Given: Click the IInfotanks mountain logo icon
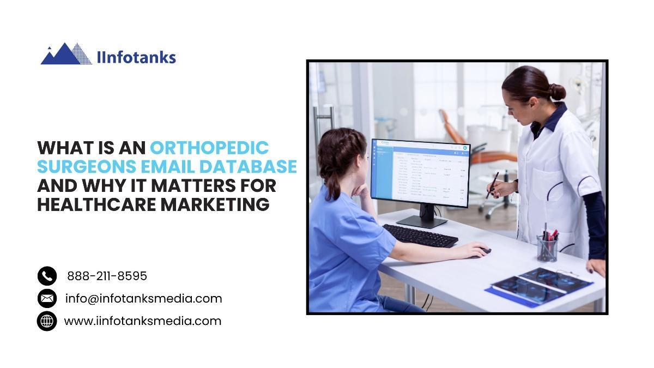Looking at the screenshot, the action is coord(66,54).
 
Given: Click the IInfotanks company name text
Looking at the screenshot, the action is coord(136,58).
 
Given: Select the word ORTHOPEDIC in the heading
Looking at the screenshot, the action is coord(209,148).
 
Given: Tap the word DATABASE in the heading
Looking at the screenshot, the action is coord(248,166).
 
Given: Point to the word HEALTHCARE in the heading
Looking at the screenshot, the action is coord(96,204).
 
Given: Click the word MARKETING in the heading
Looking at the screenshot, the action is coord(215,204).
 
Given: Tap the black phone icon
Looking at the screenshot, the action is coord(47,276).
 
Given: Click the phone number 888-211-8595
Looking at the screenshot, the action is coord(107,276).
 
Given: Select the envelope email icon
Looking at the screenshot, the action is coord(47,299).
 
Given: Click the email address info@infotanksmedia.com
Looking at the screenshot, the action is coord(144,299).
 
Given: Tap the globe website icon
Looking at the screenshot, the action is coord(47,321).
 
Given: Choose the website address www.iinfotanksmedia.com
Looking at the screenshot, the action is coord(143,321).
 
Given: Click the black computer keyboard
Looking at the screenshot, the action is coord(420,236).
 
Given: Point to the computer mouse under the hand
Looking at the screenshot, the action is coord(484,251).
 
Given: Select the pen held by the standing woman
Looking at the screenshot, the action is coord(492,185).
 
